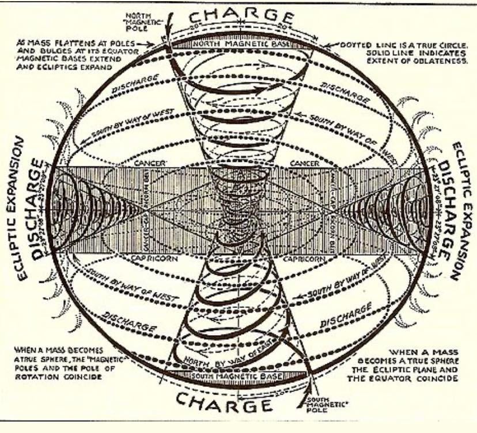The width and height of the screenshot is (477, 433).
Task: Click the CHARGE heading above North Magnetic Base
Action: [238, 14]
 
